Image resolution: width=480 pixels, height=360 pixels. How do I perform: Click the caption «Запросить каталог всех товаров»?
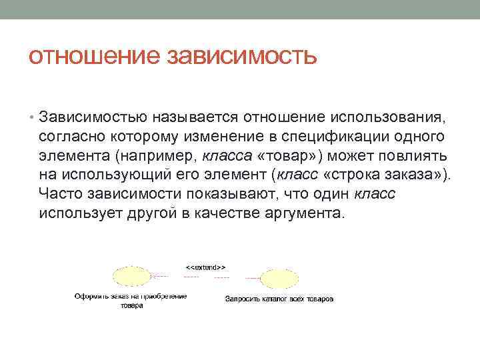279,299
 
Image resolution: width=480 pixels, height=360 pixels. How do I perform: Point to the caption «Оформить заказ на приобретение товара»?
131,300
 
